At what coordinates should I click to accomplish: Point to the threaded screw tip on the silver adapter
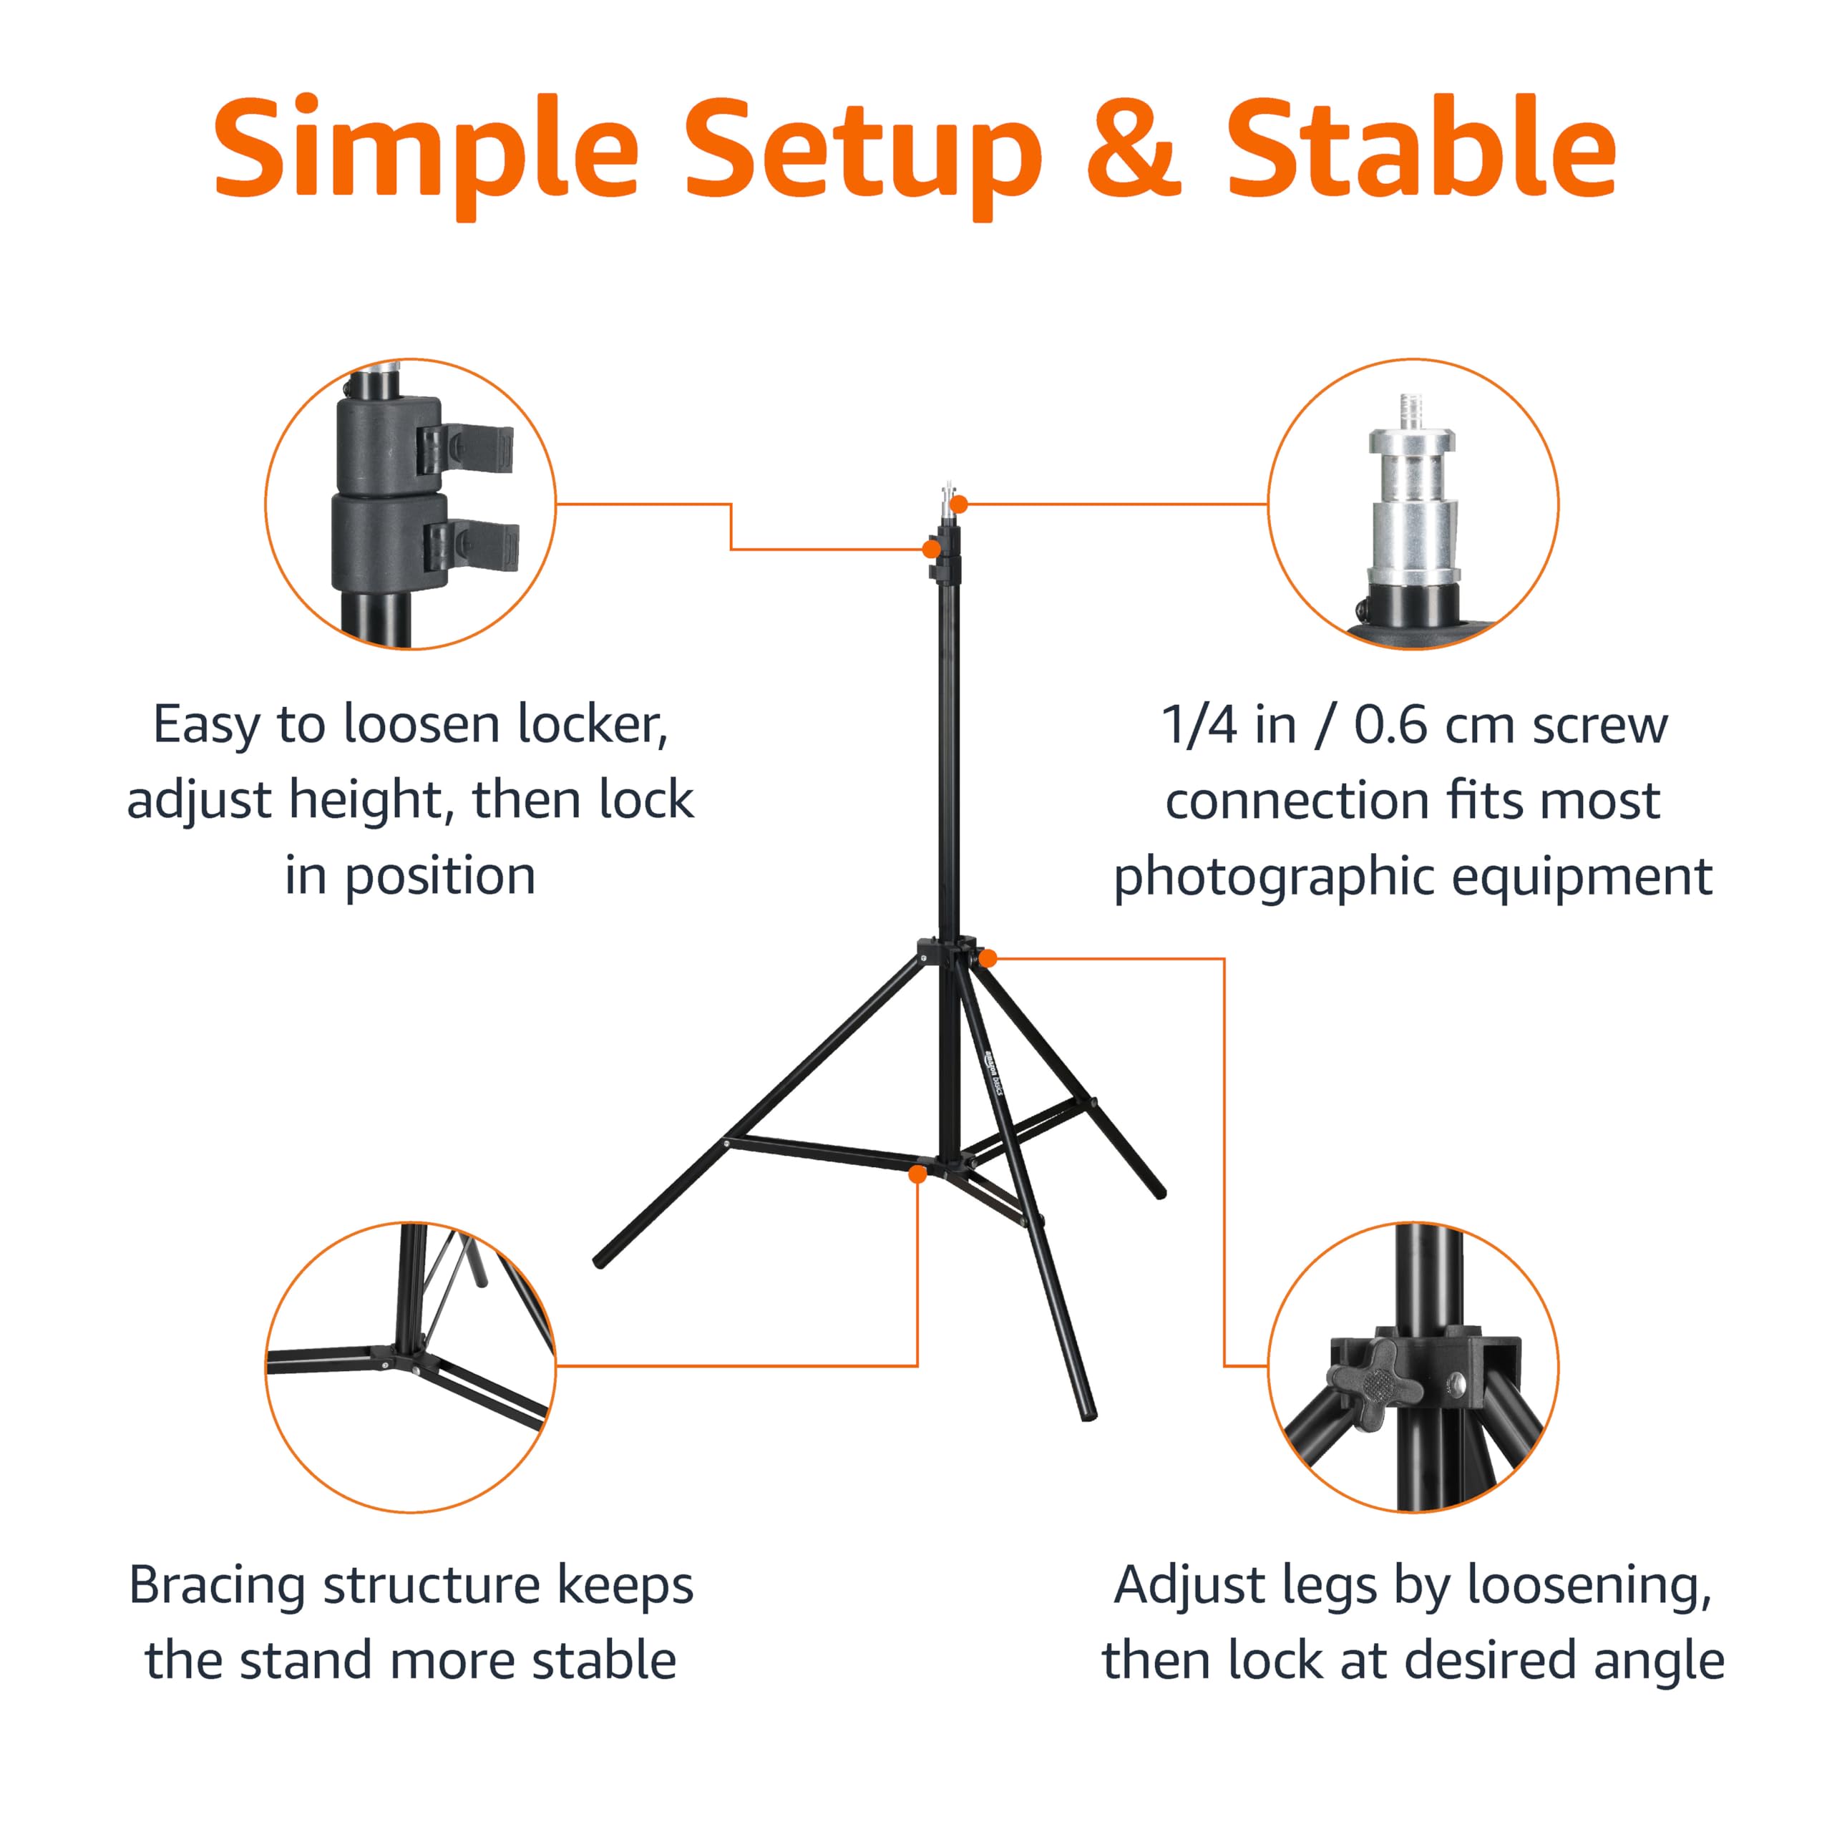click(1412, 411)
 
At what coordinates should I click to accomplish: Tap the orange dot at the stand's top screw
click(959, 505)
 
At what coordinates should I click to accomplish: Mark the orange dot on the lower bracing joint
click(917, 1174)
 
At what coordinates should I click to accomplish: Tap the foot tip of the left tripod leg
click(599, 1262)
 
